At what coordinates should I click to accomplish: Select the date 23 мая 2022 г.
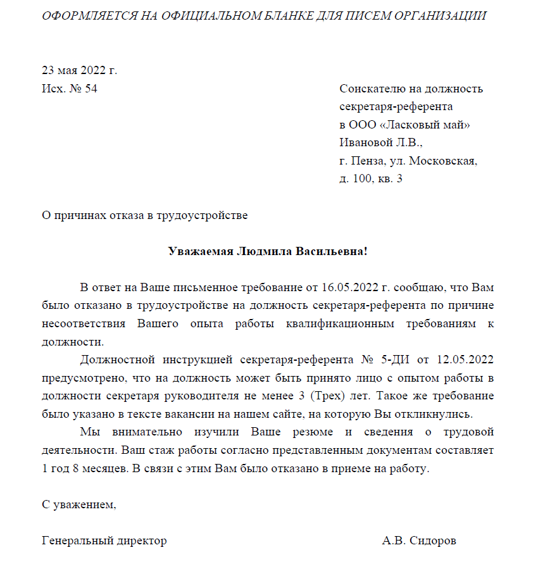(80, 70)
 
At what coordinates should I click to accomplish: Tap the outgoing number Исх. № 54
(70, 89)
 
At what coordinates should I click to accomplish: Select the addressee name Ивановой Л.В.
(380, 142)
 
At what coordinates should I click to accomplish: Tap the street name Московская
(443, 161)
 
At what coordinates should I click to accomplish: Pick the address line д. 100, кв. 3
(371, 179)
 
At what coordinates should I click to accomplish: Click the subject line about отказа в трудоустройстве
(144, 215)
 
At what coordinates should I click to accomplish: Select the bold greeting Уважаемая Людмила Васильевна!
(268, 251)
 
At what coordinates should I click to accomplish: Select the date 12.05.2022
(463, 360)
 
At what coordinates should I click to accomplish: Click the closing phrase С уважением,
(79, 505)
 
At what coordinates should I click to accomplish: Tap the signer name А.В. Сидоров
(419, 541)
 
